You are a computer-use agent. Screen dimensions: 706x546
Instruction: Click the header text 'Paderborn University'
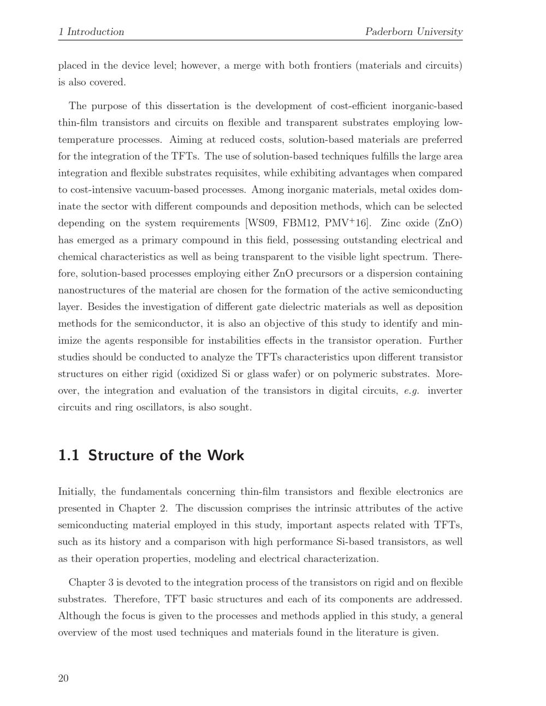pyautogui.click(x=413, y=32)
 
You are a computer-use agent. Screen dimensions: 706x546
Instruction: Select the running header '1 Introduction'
pyautogui.click(x=91, y=32)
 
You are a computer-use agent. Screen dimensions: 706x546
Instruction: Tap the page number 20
pyautogui.click(x=63, y=678)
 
